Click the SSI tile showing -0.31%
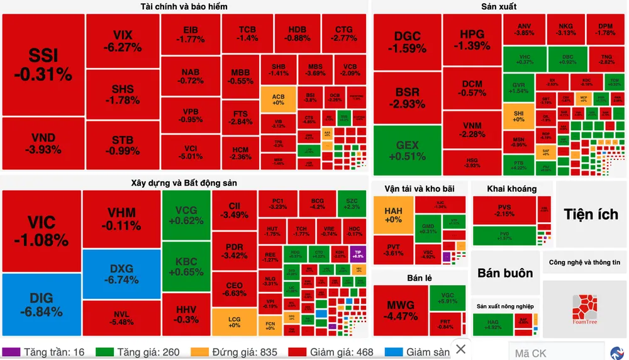[43, 64]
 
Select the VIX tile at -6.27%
[123, 41]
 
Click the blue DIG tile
[42, 305]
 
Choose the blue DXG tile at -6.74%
[121, 274]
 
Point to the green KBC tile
[186, 267]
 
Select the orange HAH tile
[393, 215]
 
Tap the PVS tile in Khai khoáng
[504, 210]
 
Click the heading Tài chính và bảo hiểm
[184, 6]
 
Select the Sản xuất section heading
[498, 6]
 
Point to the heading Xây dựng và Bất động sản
[184, 183]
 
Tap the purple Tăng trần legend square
[11, 352]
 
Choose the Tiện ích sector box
[591, 214]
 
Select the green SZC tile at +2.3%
[352, 203]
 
